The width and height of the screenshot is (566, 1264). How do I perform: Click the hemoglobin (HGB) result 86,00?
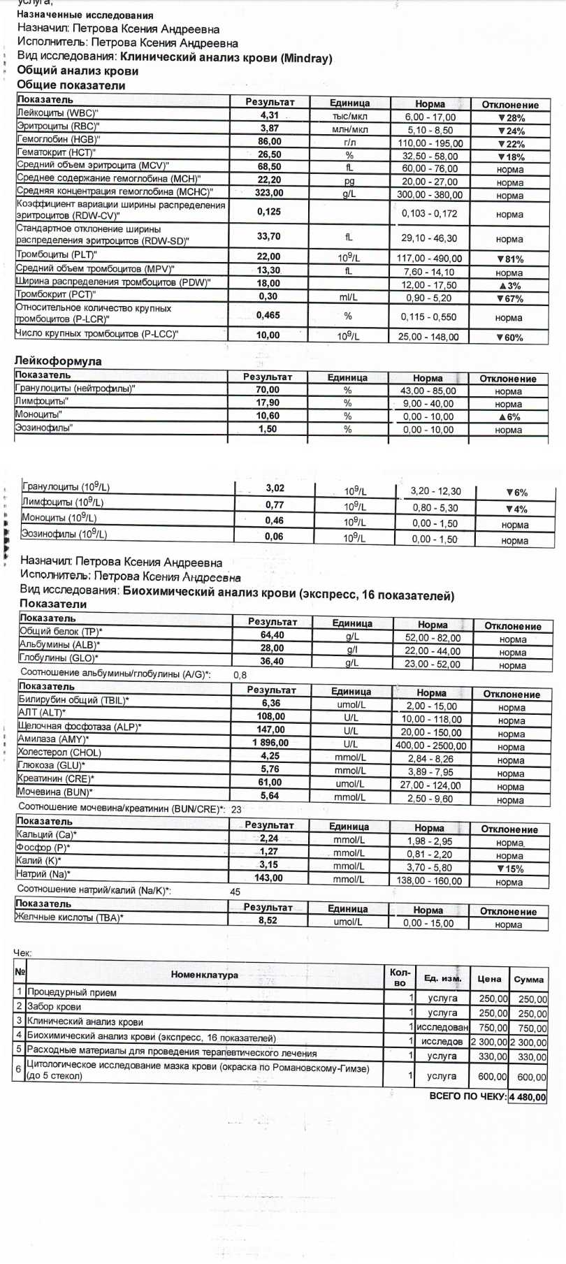pos(270,141)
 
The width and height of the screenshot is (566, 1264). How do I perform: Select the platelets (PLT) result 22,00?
pos(269,256)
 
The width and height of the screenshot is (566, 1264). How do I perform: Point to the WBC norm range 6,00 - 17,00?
pos(430,117)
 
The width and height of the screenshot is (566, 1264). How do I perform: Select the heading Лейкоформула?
pos(58,361)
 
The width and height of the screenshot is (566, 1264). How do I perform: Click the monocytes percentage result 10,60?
pos(268,416)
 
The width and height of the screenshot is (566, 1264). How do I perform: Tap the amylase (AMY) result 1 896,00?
pos(270,743)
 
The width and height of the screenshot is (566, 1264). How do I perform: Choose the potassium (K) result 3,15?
pos(268,865)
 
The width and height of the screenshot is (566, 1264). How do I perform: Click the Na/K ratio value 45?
pos(235,892)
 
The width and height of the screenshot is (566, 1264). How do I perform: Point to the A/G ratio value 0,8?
pos(240,676)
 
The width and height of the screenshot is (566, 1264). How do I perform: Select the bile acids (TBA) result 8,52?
pos(268,921)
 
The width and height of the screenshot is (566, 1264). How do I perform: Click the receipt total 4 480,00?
pos(528,1097)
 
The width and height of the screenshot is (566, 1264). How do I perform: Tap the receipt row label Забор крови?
pos(55,1007)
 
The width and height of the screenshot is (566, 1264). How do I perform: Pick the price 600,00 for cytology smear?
pos(492,1077)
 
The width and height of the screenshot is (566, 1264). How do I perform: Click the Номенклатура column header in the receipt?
pos(204,975)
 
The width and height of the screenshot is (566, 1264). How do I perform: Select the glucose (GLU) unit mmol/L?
pos(350,771)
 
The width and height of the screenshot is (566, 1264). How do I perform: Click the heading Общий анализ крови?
pos(78,71)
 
